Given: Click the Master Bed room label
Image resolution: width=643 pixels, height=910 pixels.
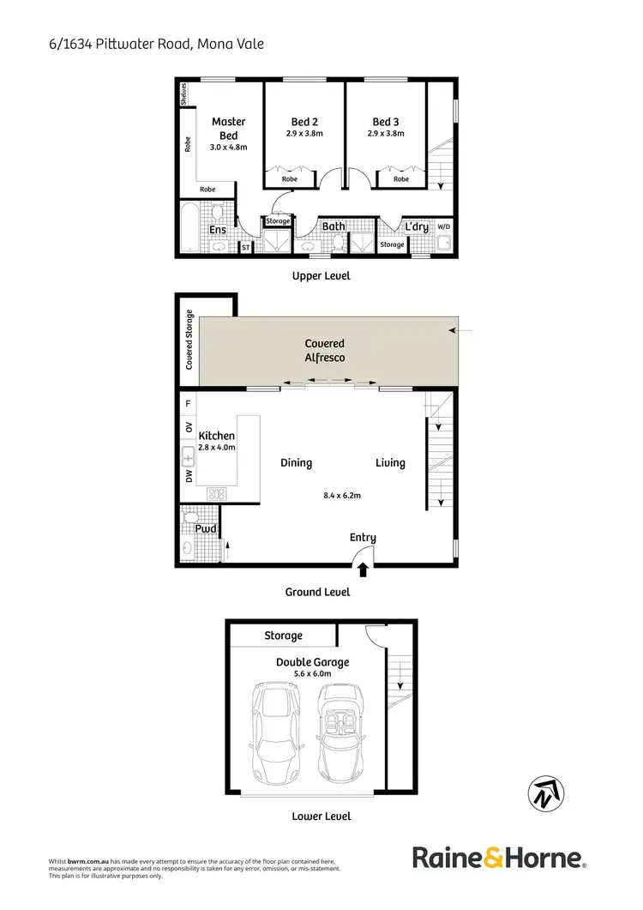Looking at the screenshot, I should point(228,129).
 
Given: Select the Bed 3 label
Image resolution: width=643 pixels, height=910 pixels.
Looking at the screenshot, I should point(386,122).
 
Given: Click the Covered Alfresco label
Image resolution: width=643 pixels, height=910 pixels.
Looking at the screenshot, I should point(325,350).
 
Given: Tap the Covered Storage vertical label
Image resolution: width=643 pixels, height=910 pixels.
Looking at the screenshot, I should point(189,340).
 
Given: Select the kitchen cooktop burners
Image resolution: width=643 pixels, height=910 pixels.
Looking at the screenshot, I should point(215,494).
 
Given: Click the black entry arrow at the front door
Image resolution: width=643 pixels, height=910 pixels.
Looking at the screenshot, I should point(363,567).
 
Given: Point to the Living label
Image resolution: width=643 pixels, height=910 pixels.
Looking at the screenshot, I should point(390,463).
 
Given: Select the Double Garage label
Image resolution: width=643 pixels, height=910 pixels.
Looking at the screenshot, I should point(312,662).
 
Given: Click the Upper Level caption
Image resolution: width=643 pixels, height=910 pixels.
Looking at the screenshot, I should point(321,276).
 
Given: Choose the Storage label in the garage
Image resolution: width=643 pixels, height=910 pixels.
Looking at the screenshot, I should point(283,636).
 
